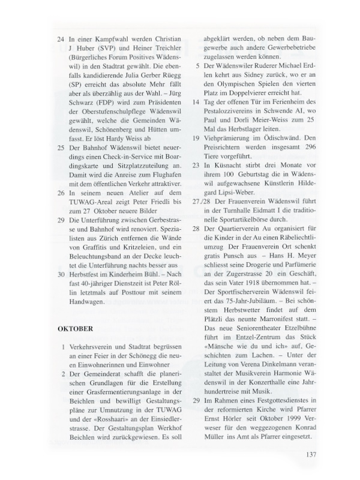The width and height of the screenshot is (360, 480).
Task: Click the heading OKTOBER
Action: pos(75,329)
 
